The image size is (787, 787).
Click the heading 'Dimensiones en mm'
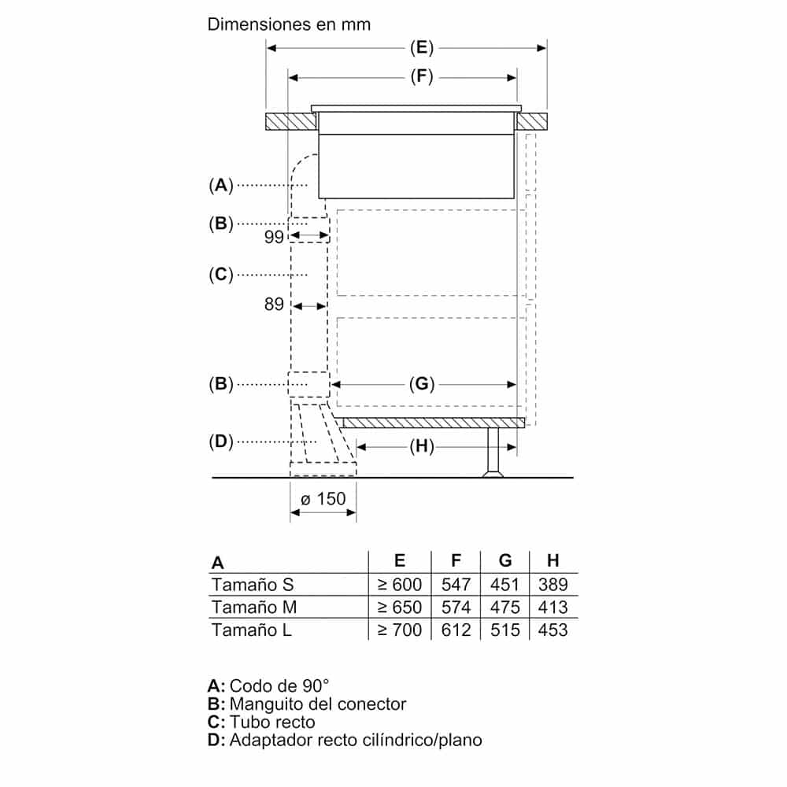[289, 24]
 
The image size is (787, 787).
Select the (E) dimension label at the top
[422, 48]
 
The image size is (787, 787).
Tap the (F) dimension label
[422, 76]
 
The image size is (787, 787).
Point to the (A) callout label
[221, 185]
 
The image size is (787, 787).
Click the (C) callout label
[221, 274]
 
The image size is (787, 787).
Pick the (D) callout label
[221, 442]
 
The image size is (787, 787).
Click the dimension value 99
[274, 238]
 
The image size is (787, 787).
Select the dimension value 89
[274, 305]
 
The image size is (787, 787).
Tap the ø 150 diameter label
[323, 499]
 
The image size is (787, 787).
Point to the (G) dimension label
[422, 384]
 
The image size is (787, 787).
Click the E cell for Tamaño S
[400, 585]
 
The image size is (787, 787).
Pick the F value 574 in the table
[456, 608]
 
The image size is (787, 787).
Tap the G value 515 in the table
[505, 630]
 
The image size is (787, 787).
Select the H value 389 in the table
[552, 585]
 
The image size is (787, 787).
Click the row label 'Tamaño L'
[251, 630]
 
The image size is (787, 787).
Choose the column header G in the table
[505, 561]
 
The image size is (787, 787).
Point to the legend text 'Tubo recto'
[272, 722]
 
